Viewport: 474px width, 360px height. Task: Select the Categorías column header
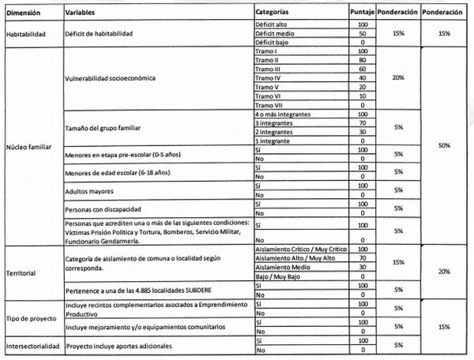click(x=276, y=13)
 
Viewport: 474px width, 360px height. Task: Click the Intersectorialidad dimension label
click(x=33, y=346)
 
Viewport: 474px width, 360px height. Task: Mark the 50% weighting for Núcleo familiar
click(x=443, y=146)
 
